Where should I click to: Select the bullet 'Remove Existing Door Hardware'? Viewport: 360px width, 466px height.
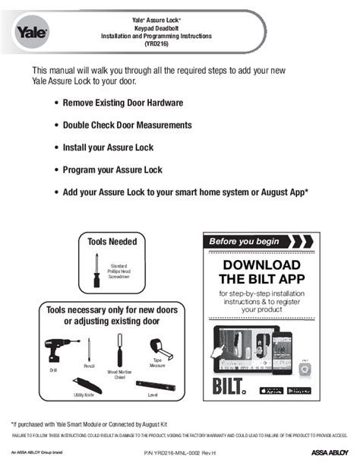(122, 102)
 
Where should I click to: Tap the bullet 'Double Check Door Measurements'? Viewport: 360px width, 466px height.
(127, 125)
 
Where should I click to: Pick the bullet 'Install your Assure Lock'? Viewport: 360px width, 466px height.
(109, 147)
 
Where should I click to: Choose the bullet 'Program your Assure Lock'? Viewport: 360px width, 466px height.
(112, 170)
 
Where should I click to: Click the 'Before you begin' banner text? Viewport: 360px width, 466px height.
(241, 242)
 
